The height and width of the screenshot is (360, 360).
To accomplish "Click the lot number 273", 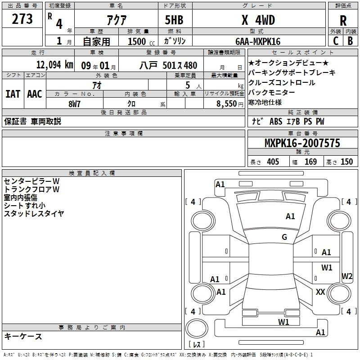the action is tap(22, 19).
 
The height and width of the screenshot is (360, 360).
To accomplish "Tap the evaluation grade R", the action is tap(343, 21).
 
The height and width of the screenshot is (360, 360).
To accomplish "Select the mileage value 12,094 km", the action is tap(54, 65).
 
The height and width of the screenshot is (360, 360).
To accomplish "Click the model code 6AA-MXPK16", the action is tap(258, 41).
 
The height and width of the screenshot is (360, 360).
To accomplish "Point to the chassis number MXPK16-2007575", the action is tap(302, 143).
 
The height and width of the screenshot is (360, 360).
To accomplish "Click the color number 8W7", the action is tap(74, 104).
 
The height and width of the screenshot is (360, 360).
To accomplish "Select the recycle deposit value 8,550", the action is tap(227, 103).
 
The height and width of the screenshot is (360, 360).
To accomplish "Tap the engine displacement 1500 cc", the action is tap(141, 41).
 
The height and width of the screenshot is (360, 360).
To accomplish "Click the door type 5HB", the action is tap(174, 20).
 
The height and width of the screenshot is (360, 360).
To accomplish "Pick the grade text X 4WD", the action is tap(258, 20).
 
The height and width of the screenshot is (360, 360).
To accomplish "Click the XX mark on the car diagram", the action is tap(320, 292).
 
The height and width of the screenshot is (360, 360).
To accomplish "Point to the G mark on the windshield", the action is tap(284, 237).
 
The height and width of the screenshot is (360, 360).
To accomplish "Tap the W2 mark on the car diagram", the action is tap(347, 276).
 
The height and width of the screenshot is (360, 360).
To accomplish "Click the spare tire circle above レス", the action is tap(197, 328).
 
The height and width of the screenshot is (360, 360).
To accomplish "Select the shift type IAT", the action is tap(13, 94).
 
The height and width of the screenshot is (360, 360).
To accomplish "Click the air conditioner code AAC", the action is tap(35, 94).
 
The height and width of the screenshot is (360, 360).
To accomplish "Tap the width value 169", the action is tap(310, 162).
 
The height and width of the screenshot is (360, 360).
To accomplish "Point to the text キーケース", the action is tap(23, 337).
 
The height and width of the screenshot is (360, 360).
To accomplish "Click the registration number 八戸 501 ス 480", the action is tap(168, 65).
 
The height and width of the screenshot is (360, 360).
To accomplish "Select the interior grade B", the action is tap(351, 41).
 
